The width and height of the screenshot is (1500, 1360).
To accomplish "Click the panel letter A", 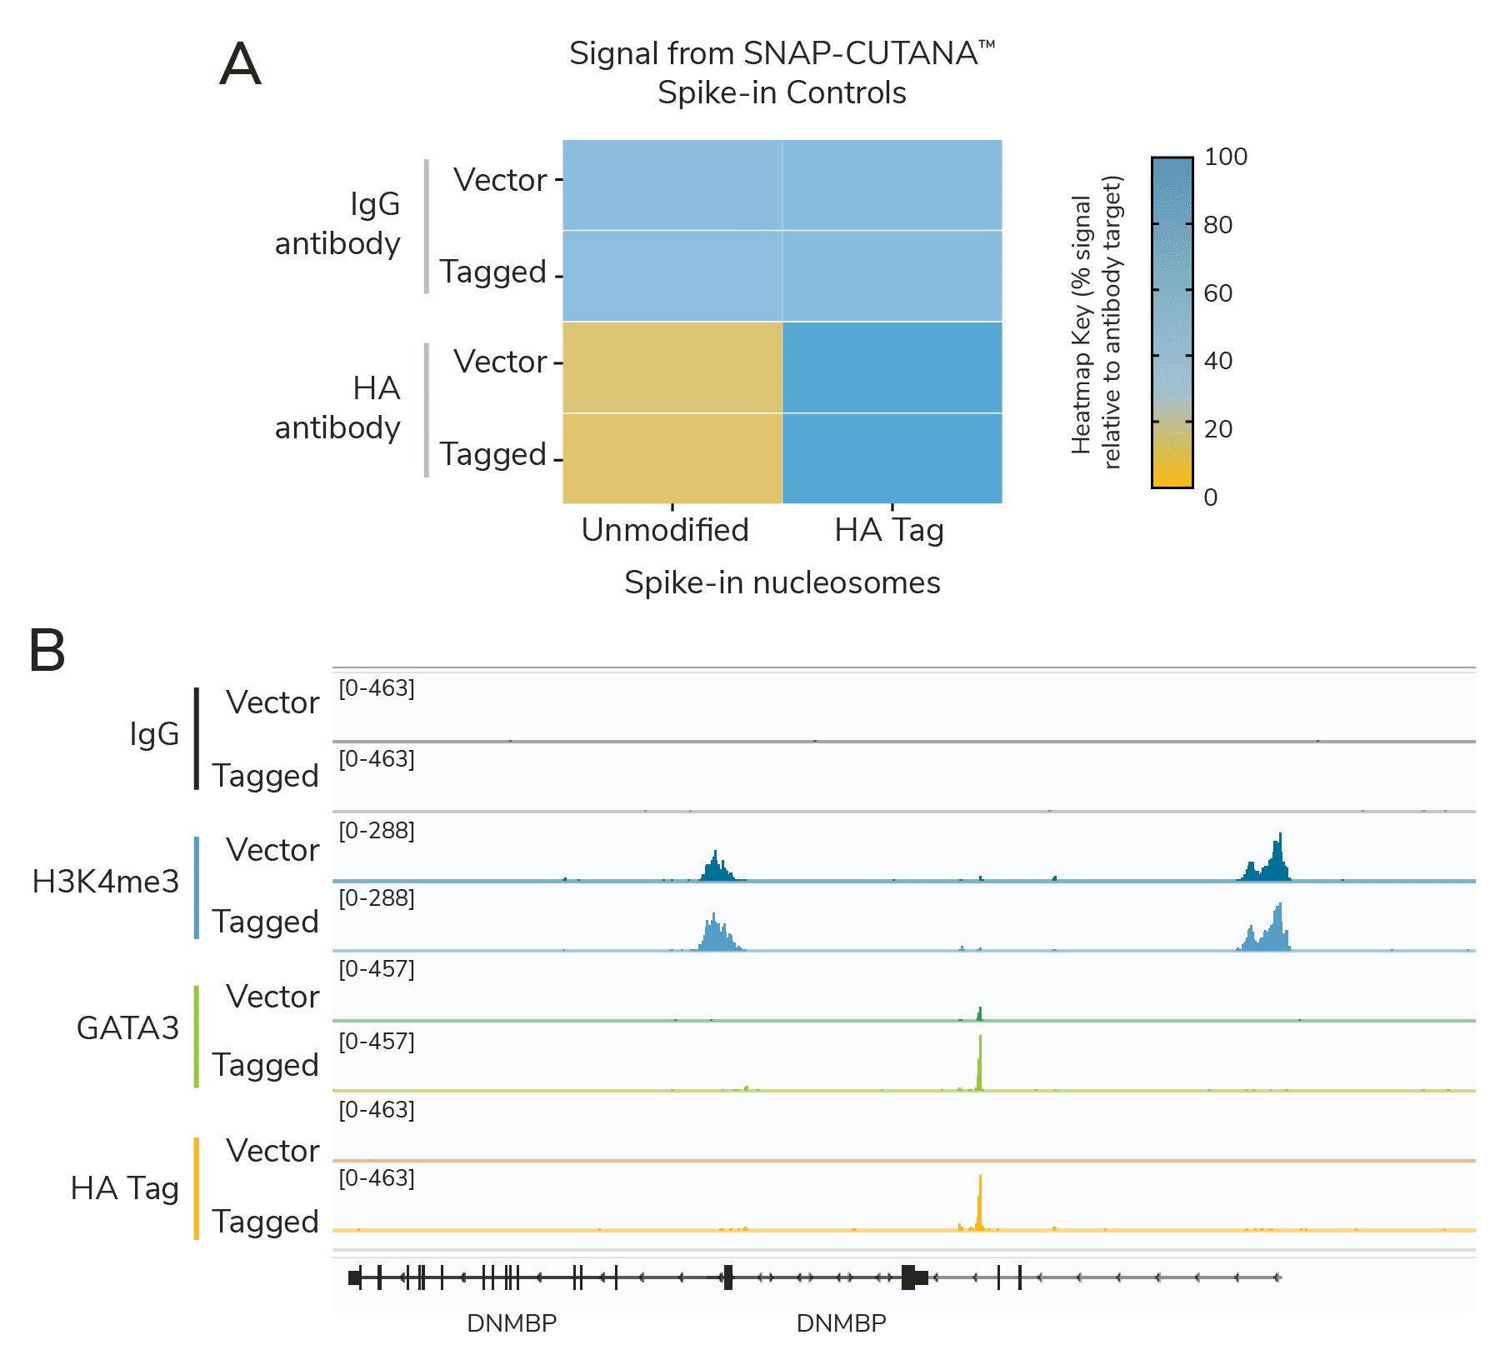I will (x=240, y=65).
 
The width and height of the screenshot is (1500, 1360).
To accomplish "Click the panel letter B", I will (x=47, y=650).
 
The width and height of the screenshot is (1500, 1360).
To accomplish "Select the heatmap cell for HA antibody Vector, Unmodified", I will (x=672, y=367).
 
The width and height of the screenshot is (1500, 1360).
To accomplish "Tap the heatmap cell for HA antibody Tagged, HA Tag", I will (x=892, y=458).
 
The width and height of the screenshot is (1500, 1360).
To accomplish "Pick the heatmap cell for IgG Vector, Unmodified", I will (x=672, y=185).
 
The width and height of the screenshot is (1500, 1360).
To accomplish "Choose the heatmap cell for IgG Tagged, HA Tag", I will (x=892, y=276).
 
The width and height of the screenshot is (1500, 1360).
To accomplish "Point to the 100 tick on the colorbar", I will (x=1225, y=157).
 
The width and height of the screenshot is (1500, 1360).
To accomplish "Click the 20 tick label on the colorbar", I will (x=1217, y=429).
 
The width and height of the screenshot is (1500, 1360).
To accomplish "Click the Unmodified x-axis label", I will (x=665, y=530).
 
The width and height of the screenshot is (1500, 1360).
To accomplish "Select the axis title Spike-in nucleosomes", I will (x=782, y=582).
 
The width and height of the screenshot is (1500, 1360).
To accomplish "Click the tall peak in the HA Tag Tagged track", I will (x=980, y=1200).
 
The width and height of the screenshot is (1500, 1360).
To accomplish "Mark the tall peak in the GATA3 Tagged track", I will (x=980, y=1062).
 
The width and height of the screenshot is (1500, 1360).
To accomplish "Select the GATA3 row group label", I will (x=127, y=1028).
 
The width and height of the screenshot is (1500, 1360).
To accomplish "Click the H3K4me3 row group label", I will (x=105, y=882).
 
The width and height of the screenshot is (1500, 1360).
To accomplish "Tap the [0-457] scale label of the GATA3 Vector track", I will (x=377, y=969).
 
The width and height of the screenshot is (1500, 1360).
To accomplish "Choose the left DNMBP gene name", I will (x=511, y=1323).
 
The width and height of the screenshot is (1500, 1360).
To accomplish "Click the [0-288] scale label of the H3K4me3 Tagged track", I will (x=377, y=898).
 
